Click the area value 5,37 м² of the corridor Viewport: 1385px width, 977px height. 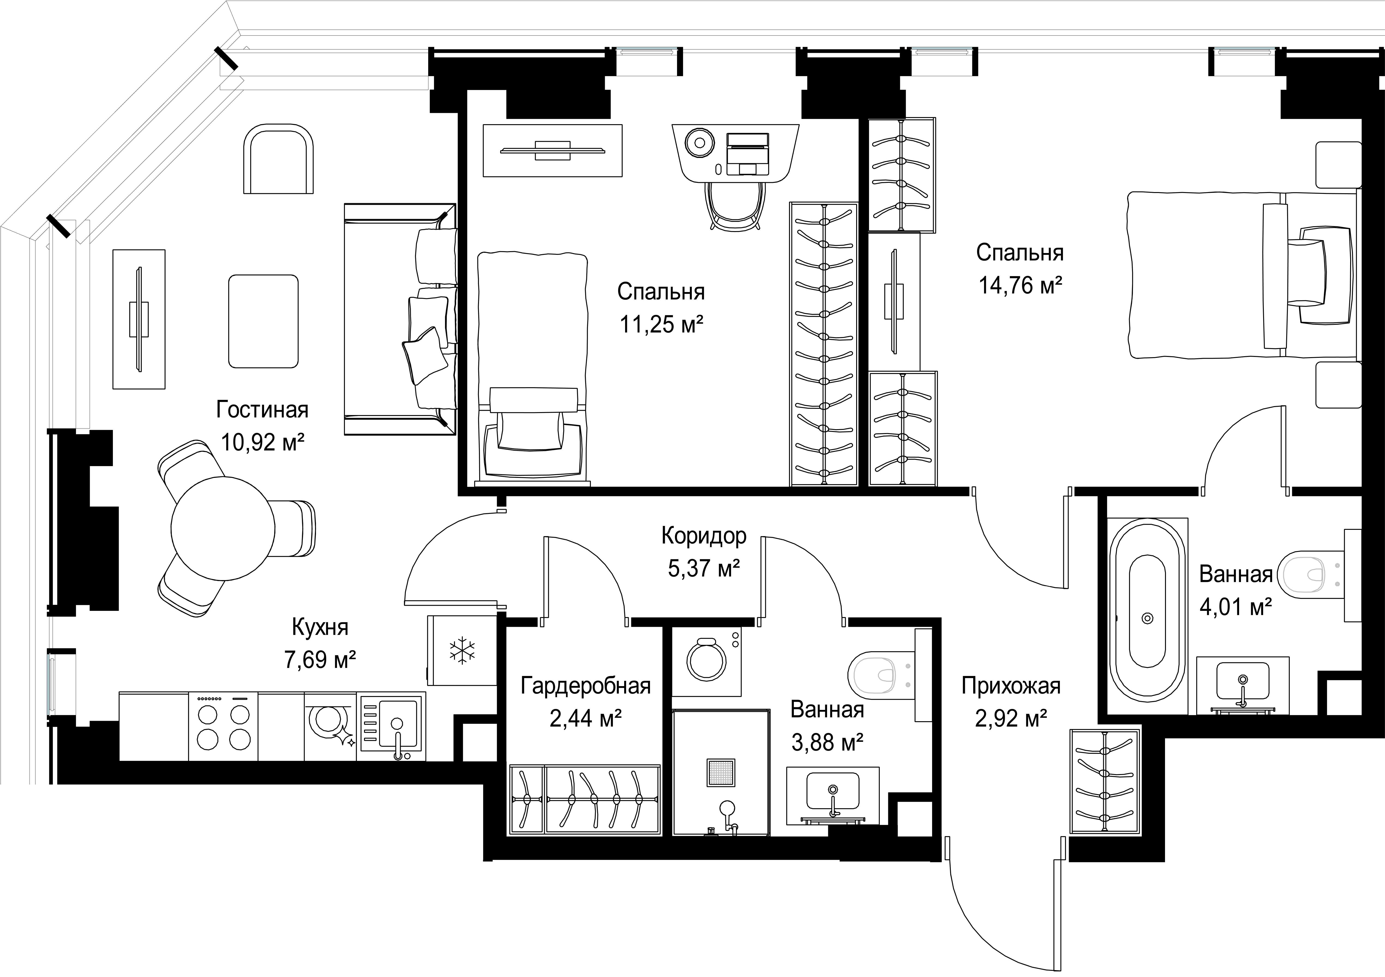click(704, 568)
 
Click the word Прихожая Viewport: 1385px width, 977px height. click(1011, 686)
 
